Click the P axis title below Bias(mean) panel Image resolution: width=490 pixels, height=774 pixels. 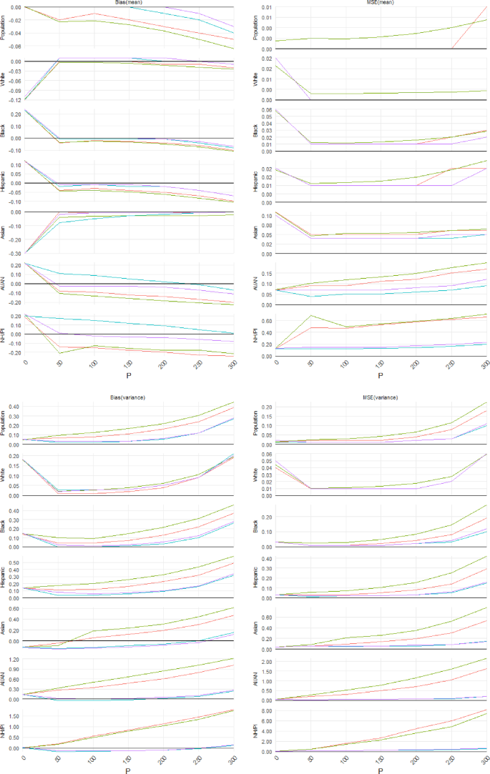[129, 374]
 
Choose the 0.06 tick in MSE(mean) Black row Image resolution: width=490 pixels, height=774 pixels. [266, 111]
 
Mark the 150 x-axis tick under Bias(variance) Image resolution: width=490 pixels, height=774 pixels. [129, 759]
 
